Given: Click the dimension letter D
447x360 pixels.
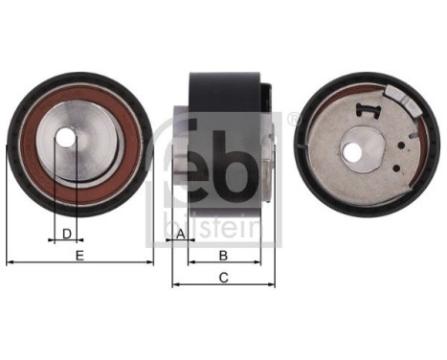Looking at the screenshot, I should pyautogui.click(x=66, y=232).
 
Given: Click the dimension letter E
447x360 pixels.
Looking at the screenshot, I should pyautogui.click(x=79, y=256).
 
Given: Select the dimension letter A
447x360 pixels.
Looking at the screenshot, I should pyautogui.click(x=179, y=233).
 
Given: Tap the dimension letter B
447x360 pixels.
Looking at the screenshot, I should pyautogui.click(x=222, y=256).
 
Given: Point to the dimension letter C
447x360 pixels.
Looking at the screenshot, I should pyautogui.click(x=223, y=278).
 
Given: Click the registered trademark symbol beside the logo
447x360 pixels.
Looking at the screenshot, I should pyautogui.click(x=293, y=120).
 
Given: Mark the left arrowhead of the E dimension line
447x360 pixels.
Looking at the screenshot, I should pyautogui.click(x=10, y=261).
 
